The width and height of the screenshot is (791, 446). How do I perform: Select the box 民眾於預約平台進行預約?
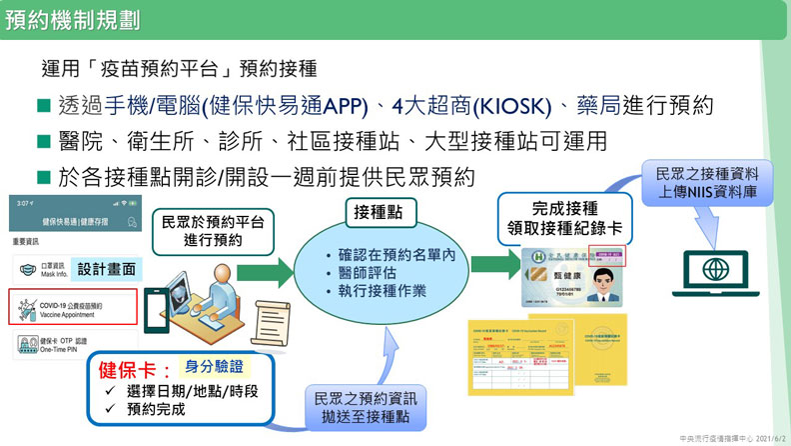tap(214, 231)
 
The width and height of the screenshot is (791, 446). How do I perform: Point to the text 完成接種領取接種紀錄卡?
tap(566, 219)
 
